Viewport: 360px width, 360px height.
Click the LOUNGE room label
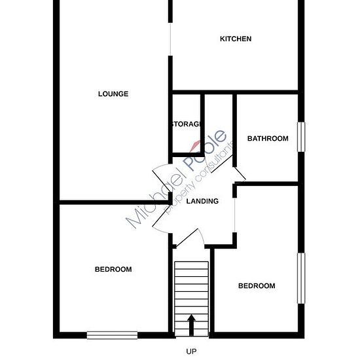point(113,94)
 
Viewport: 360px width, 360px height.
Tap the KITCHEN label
point(236,39)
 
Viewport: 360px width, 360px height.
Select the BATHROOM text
point(268,139)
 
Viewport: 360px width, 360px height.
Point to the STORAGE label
point(187,124)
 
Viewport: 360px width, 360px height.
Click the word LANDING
point(202,201)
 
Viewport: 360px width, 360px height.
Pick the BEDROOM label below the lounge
point(113,269)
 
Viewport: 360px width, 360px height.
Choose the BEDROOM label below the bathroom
point(257,285)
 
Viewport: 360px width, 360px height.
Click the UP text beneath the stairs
point(191,351)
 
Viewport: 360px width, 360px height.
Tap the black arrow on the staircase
point(191,325)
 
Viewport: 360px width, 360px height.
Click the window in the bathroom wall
point(301,137)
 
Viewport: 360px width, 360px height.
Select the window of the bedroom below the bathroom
point(301,278)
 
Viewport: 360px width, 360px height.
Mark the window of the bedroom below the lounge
point(113,335)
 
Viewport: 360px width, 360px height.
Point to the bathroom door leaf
point(240,173)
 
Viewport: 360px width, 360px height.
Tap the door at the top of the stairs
point(187,238)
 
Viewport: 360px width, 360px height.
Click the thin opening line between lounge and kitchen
point(170,39)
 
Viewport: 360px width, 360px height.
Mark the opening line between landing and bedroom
point(234,215)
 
